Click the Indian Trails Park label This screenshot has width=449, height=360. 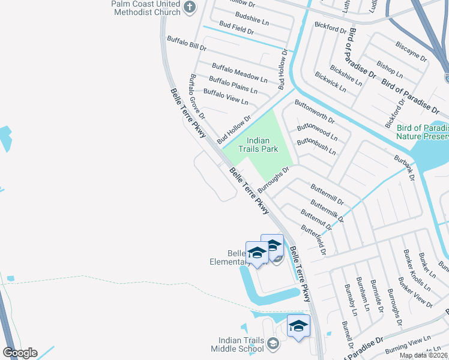(x=259, y=145)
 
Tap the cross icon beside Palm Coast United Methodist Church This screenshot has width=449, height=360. (x=190, y=7)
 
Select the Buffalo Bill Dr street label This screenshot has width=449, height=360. (x=187, y=43)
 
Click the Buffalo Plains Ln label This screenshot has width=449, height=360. (x=233, y=85)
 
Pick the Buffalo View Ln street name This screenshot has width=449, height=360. (x=226, y=96)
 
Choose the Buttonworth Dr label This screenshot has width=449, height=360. (x=315, y=112)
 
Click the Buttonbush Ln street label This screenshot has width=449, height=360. (x=316, y=147)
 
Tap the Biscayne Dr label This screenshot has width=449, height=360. (x=411, y=51)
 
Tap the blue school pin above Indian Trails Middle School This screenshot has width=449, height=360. (x=298, y=327)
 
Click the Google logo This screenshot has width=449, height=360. (x=20, y=353)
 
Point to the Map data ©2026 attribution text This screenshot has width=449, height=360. (x=424, y=355)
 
